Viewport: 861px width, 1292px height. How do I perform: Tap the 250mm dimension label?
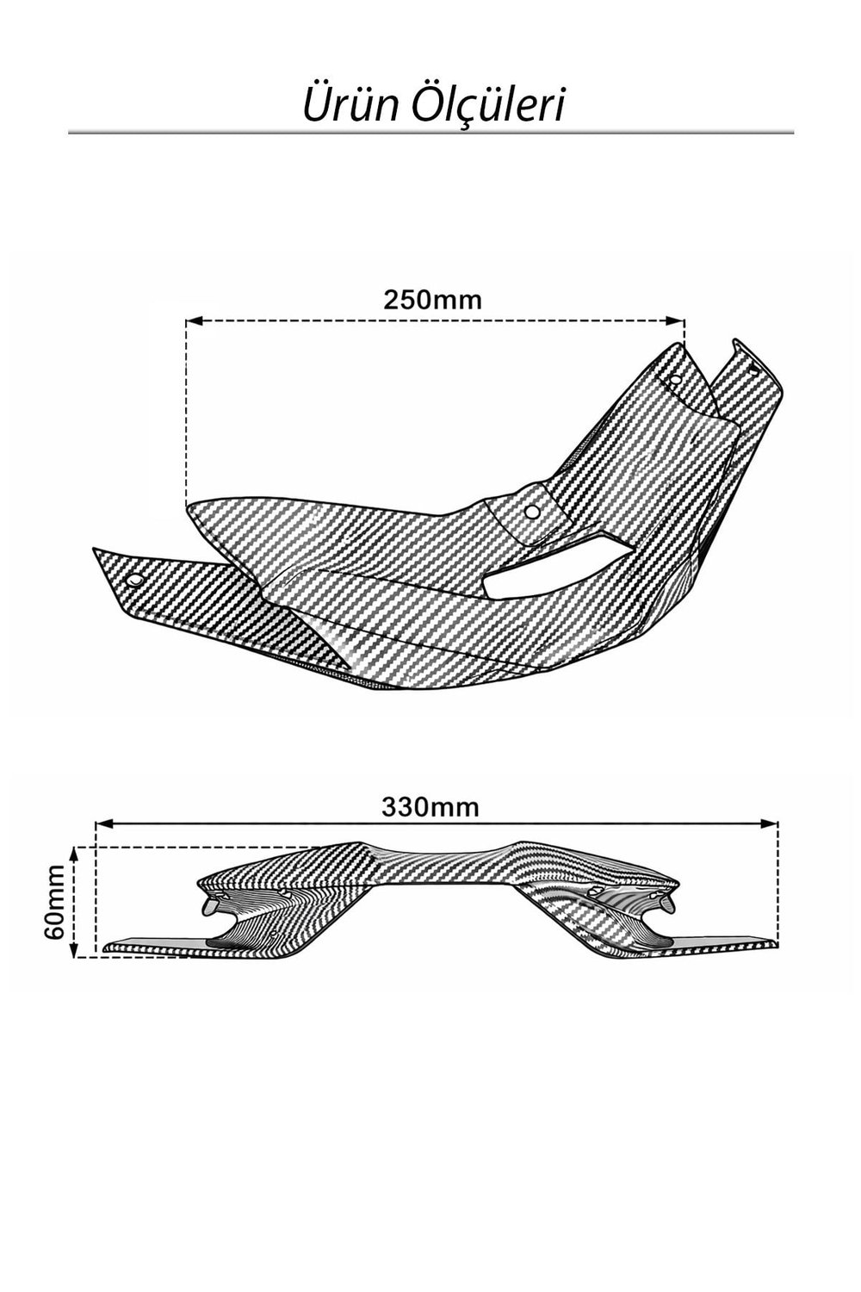tap(432, 300)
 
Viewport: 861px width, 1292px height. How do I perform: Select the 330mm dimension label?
tap(430, 808)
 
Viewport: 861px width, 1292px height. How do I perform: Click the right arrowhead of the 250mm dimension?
tap(675, 320)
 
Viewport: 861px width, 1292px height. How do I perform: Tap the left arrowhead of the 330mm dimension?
tap(104, 823)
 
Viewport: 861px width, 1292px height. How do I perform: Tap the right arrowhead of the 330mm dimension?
tap(769, 823)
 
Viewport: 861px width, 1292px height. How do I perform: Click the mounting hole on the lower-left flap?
tap(137, 579)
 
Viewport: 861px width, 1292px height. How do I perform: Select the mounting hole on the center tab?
tap(532, 511)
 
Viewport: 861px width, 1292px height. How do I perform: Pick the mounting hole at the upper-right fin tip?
tap(754, 368)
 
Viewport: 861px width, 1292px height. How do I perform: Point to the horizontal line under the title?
tap(430, 134)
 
